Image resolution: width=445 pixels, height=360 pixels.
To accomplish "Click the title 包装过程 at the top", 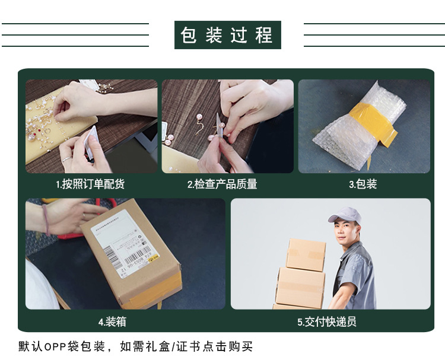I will point(227,35).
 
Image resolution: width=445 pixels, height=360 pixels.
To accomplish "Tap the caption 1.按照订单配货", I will point(90,184).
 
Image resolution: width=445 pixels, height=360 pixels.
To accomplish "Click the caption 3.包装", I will point(363,184).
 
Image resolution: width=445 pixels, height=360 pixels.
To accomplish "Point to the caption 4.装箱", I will point(112,322).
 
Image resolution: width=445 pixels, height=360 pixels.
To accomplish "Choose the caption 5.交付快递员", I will point(327,322).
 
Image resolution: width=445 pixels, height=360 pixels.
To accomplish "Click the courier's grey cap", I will point(345,215).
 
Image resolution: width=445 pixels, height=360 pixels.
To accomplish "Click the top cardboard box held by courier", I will point(306,254).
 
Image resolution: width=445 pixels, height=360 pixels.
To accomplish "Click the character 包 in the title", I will point(189,35).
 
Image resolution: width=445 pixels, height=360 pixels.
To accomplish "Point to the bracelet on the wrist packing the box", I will point(46,219).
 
